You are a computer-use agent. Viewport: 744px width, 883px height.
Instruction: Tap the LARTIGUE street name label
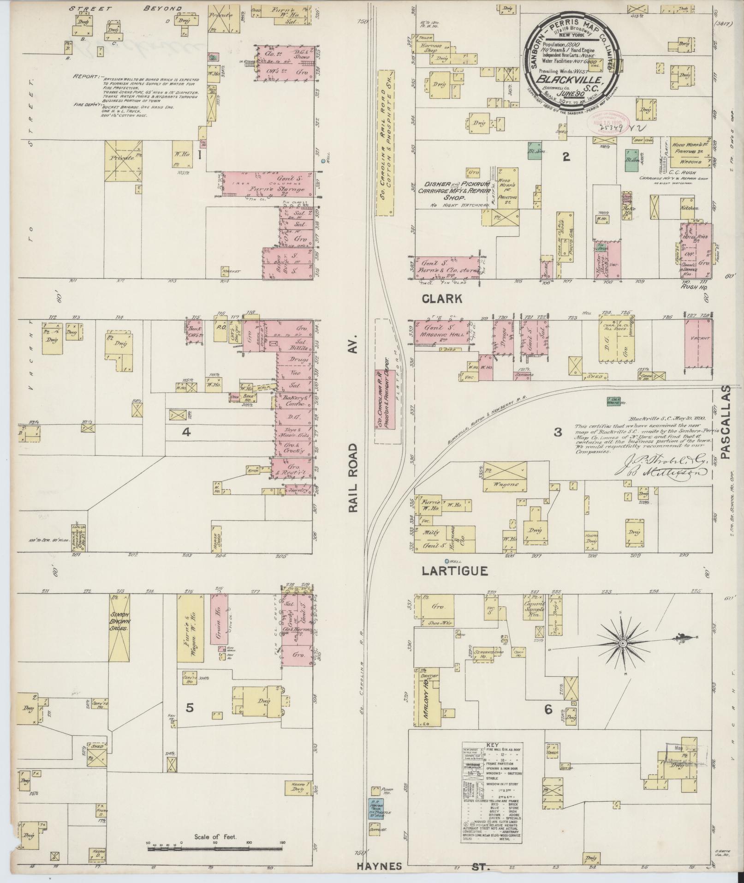(455, 571)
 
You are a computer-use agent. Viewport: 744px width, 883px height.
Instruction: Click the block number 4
(186, 432)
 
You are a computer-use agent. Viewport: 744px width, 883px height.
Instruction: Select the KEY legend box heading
(493, 757)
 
